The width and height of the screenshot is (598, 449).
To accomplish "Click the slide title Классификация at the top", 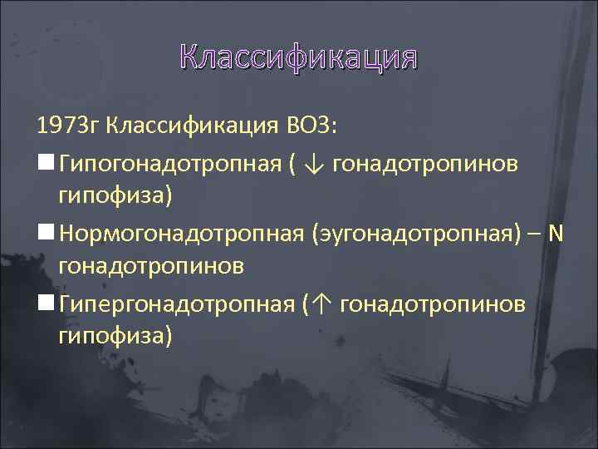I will [298, 57].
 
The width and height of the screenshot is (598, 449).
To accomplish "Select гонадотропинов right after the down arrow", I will [425, 165].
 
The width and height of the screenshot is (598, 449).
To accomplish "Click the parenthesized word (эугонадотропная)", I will [417, 234].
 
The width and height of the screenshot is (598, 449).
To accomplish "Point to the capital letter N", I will [556, 234].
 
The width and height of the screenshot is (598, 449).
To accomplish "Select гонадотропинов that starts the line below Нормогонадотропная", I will [150, 265].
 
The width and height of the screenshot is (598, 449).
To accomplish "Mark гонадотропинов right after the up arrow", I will [432, 304].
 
